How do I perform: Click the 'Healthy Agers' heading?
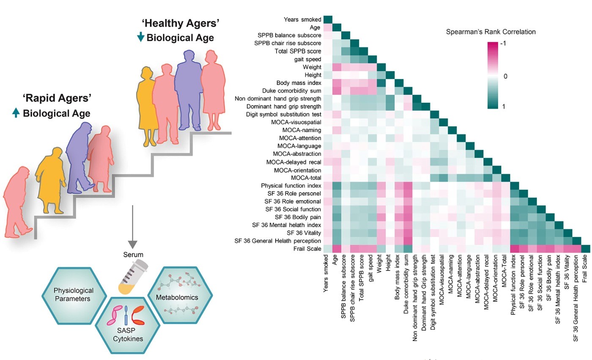pyautogui.click(x=181, y=23)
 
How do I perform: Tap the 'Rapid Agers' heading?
pyautogui.click(x=57, y=98)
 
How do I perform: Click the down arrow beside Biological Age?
pyautogui.click(x=140, y=37)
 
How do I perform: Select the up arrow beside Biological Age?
pyautogui.click(x=16, y=113)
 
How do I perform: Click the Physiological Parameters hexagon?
pyautogui.click(x=74, y=296)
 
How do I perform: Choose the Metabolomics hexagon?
pyautogui.click(x=180, y=295)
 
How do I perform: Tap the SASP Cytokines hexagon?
pyautogui.click(x=127, y=325)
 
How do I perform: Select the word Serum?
pyautogui.click(x=133, y=255)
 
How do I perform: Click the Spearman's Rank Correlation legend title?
pyautogui.click(x=491, y=32)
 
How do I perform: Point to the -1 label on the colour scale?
pyautogui.click(x=503, y=43)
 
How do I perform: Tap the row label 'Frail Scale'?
pyautogui.click(x=307, y=249)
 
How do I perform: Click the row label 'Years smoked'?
pyautogui.click(x=302, y=19)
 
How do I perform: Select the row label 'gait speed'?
pyautogui.click(x=308, y=59)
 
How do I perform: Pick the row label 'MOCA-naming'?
pyautogui.click(x=302, y=130)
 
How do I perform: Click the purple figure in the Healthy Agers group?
pyautogui.click(x=188, y=90)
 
